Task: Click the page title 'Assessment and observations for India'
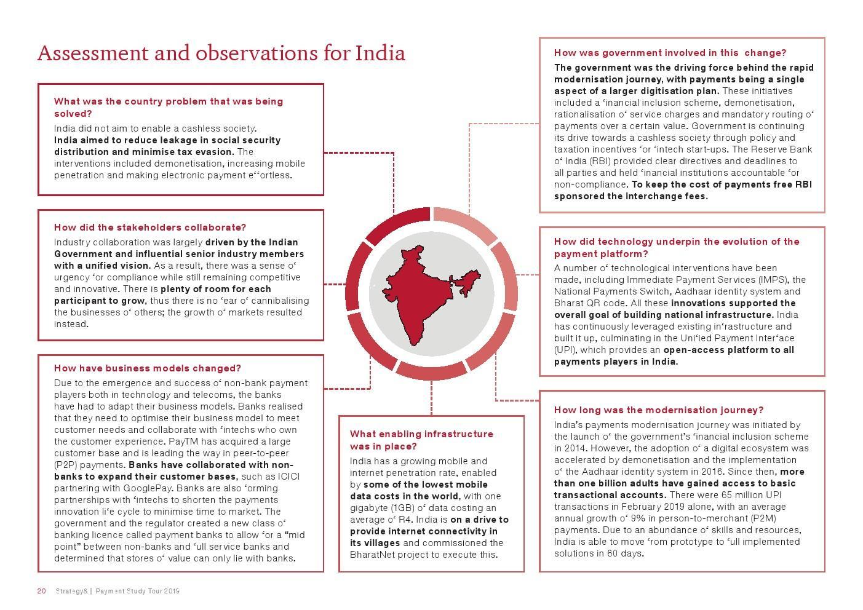(x=221, y=53)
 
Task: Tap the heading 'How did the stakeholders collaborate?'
(x=150, y=228)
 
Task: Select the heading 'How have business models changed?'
(x=148, y=368)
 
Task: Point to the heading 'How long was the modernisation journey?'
(x=659, y=410)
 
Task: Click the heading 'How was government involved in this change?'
(x=670, y=53)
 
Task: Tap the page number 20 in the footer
(x=41, y=591)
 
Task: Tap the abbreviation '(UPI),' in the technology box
(x=565, y=350)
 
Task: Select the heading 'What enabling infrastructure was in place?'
(x=421, y=440)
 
